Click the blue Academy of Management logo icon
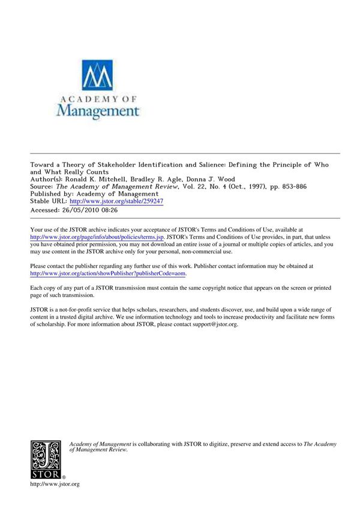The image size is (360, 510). point(97,76)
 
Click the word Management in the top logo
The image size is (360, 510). point(97,110)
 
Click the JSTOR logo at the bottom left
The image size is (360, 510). point(46,460)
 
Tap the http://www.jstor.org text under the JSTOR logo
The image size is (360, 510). point(55,484)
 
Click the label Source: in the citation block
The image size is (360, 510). point(43,187)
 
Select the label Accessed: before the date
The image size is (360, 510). point(44,211)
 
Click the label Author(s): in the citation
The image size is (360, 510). point(47,179)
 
